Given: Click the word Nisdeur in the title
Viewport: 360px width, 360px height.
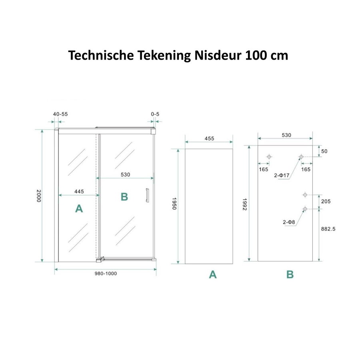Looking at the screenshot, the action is [216, 55].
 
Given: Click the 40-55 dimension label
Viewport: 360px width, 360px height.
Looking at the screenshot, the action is [60, 114].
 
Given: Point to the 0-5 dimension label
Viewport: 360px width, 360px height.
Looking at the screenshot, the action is [155, 114].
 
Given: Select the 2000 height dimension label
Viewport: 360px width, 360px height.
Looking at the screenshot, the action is [38, 196].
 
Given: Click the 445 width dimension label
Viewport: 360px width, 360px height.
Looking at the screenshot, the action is [79, 192].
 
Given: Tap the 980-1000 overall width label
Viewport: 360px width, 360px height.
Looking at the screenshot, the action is [106, 274].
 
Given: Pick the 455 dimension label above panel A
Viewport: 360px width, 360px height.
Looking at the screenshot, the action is [209, 138].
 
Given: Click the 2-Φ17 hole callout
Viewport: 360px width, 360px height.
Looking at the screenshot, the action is [282, 175].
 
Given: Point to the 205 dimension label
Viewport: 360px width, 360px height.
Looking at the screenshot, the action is [326, 202].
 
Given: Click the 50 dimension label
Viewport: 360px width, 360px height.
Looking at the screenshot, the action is [324, 151].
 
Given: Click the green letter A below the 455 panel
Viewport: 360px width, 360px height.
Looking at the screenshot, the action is [212, 275].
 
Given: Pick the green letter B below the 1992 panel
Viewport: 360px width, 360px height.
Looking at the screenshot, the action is [290, 275].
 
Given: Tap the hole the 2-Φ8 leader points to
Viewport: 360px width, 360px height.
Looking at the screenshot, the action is [305, 209].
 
